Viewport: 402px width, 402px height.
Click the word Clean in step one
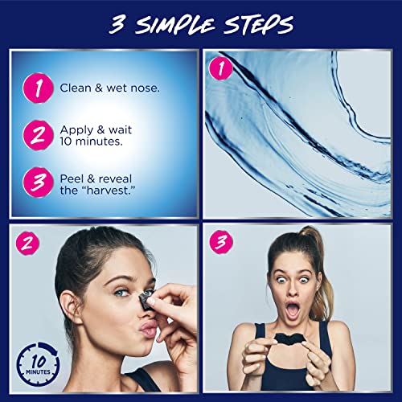pos(75,87)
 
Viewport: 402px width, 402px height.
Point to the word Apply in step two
pos(76,128)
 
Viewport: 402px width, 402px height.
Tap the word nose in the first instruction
pos(145,87)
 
